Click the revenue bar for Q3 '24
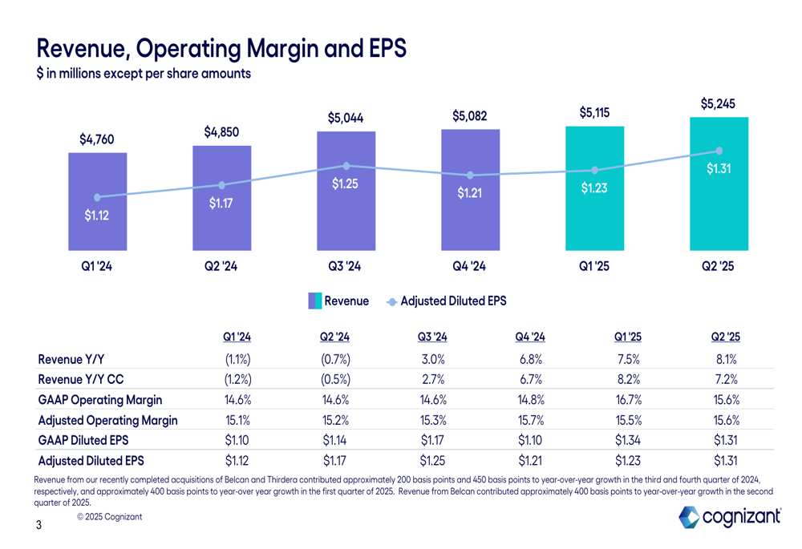coord(346,216)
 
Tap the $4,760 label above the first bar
coord(96,139)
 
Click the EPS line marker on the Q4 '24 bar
coord(470,175)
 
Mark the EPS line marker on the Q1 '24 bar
coord(97,197)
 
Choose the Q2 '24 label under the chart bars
coord(221,267)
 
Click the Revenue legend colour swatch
coord(315,301)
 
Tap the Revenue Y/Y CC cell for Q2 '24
coord(334,379)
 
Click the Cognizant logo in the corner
coord(730,518)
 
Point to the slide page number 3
coord(38,527)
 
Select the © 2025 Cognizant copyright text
coord(110,517)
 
